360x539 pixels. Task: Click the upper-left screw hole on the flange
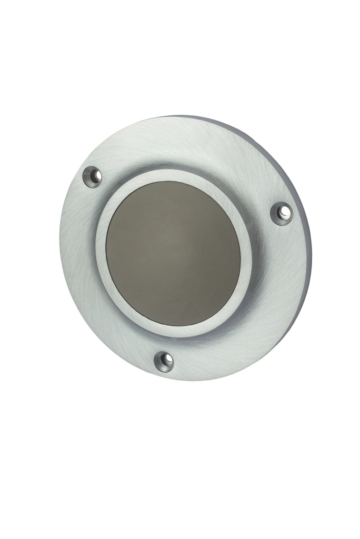(93, 176)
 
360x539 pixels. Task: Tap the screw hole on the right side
(283, 213)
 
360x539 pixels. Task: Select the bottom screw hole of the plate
(164, 361)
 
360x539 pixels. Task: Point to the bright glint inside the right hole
(285, 212)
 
